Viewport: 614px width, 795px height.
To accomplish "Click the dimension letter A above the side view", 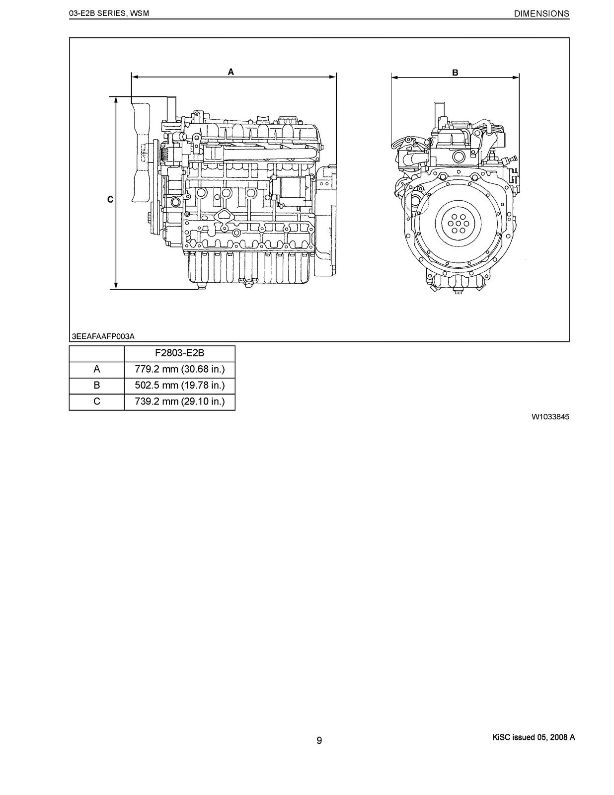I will (x=231, y=72).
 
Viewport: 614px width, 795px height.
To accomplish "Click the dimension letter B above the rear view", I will (x=455, y=73).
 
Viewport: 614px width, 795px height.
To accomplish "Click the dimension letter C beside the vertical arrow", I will (x=110, y=200).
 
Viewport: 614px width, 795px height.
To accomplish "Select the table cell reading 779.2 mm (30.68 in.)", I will (x=179, y=369).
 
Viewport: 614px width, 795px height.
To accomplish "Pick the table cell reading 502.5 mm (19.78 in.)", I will (x=179, y=385).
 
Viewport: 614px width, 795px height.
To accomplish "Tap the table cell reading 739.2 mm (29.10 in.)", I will (x=179, y=401).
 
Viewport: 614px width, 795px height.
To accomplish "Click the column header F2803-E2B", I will (x=179, y=353).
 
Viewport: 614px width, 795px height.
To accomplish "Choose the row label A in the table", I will (x=96, y=369).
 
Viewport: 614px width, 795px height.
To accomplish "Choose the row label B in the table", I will (x=96, y=385).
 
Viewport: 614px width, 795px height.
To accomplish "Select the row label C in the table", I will (x=96, y=401).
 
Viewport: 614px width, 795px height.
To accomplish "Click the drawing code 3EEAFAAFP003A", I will (x=103, y=336).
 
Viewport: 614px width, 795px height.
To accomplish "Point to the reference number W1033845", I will (x=550, y=417).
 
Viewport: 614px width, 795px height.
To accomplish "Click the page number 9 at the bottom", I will (x=319, y=740).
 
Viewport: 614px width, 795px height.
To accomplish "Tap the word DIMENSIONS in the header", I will (x=541, y=14).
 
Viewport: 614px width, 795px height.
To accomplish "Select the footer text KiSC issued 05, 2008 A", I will (x=531, y=737).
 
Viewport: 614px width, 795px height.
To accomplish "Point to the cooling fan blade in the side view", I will (x=139, y=152).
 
